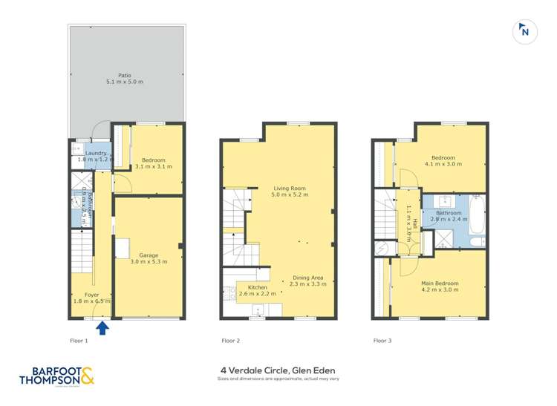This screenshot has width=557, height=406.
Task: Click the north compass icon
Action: (x=524, y=30)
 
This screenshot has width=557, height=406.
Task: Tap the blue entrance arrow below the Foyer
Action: (x=103, y=327)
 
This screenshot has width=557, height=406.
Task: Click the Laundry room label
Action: (x=96, y=154)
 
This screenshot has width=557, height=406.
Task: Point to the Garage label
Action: (x=149, y=255)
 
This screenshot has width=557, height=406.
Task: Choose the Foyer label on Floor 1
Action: (x=92, y=295)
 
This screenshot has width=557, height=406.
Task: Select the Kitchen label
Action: (x=257, y=287)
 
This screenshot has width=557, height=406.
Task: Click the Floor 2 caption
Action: (x=230, y=341)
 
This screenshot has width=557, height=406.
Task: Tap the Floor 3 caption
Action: (x=382, y=341)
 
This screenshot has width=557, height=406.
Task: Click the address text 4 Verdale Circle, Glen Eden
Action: (x=278, y=370)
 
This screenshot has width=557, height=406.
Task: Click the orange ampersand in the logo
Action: (x=88, y=377)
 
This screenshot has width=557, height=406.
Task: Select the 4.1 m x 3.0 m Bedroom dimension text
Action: (x=443, y=164)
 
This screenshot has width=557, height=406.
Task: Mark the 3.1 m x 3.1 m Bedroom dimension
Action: (x=154, y=166)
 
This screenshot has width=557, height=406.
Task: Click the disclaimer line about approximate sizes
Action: (x=278, y=379)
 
